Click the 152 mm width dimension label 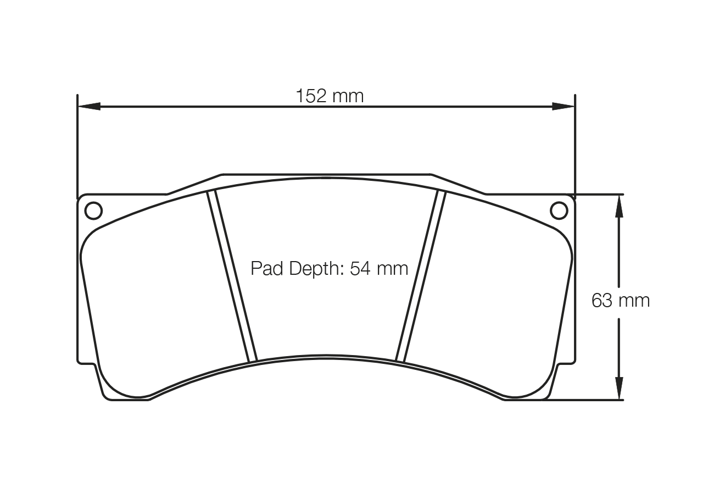click(330, 96)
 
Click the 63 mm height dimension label click(620, 301)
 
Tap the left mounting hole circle click(93, 211)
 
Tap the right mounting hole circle click(559, 211)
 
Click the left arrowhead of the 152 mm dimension click(89, 106)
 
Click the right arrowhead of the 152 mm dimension click(563, 106)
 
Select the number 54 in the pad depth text click(361, 269)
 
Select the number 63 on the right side click(602, 301)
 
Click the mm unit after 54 click(393, 269)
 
